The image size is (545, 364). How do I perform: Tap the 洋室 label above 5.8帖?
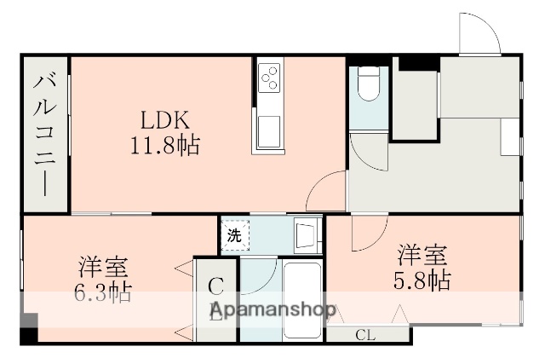point(422,255)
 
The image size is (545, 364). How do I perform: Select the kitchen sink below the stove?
point(268,130)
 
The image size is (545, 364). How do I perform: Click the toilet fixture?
point(370,84)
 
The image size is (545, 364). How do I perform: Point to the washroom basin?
point(304,234)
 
